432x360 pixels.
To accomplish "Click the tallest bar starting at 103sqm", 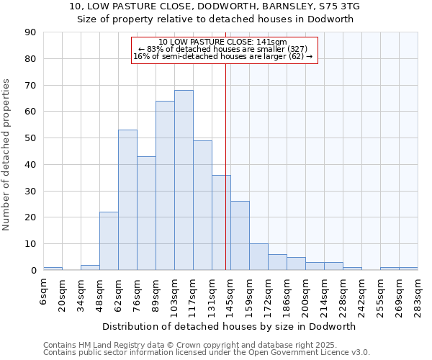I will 184,180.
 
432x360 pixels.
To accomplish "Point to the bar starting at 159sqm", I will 258,257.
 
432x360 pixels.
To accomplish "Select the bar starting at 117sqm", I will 202,205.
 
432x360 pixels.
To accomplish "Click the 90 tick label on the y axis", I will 30,32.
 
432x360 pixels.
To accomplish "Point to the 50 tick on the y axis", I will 30,138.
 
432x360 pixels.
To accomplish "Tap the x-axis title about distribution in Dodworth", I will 230,326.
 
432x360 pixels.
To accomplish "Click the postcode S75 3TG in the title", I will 338,6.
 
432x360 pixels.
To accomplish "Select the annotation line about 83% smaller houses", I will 224,49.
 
